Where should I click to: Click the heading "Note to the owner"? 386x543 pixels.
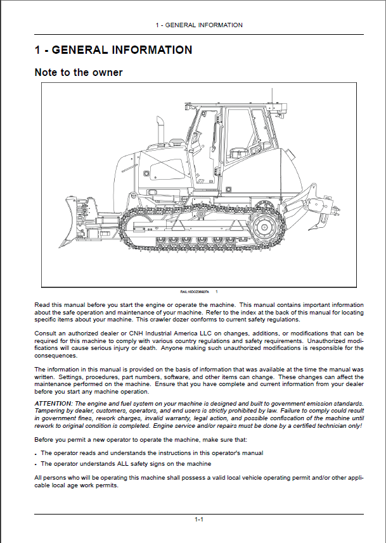(x=78, y=72)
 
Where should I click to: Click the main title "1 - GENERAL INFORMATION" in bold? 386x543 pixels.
(x=113, y=49)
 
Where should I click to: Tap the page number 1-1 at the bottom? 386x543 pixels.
(x=198, y=519)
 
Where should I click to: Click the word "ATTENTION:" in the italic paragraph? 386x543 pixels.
(x=53, y=403)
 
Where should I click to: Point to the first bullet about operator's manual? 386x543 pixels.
(x=151, y=453)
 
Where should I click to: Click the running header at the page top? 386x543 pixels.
(x=198, y=25)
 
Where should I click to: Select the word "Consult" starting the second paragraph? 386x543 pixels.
(x=45, y=333)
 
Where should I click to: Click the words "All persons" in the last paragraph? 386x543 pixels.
(x=49, y=477)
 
